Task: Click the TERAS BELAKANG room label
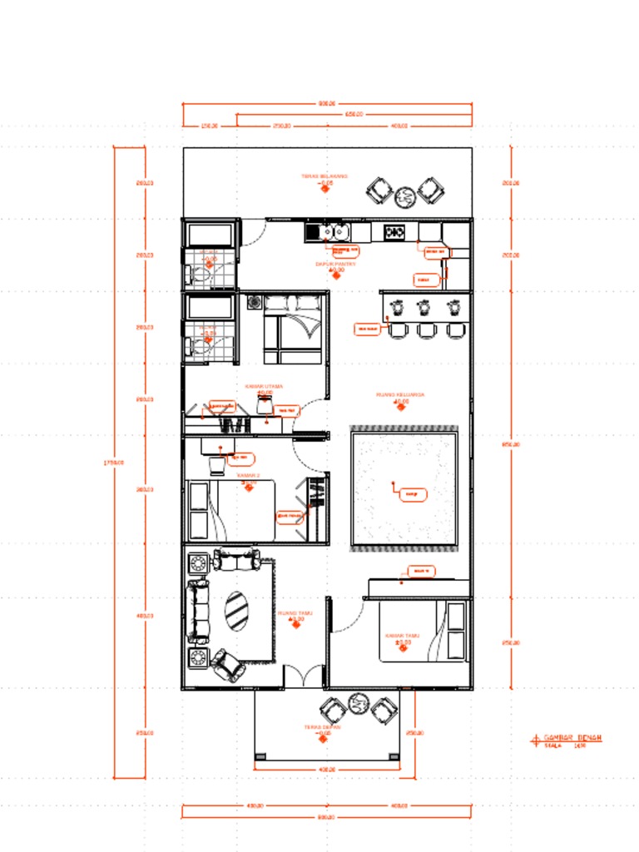point(324,176)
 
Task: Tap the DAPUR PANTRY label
point(335,265)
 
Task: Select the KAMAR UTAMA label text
point(265,386)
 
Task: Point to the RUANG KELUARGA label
point(400,394)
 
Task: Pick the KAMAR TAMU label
point(403,636)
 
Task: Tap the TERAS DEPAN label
point(323,727)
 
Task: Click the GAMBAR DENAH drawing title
point(572,738)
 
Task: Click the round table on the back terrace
point(405,196)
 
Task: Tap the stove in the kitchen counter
point(394,232)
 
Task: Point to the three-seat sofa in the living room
point(198,612)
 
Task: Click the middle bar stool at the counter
point(426,330)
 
